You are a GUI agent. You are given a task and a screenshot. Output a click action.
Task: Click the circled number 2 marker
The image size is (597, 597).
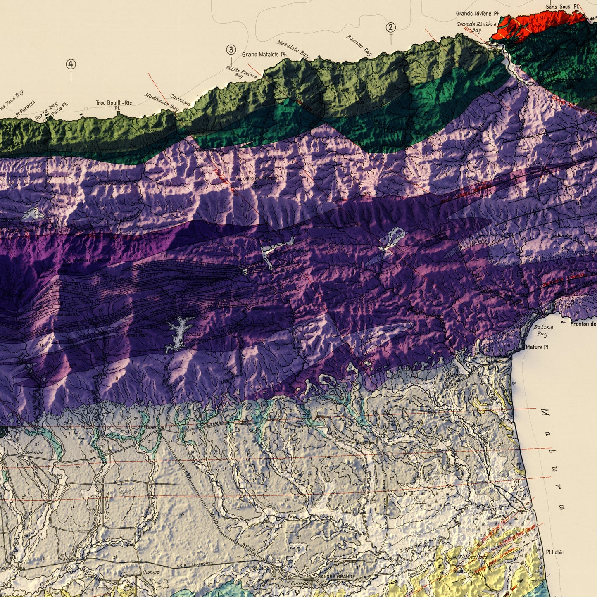tap(390, 28)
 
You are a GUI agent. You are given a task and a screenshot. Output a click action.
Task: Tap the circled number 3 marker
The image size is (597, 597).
tap(231, 50)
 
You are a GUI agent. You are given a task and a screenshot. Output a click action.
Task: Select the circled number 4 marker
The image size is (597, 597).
tap(71, 64)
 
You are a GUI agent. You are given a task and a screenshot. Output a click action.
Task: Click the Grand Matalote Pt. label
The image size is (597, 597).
tap(264, 55)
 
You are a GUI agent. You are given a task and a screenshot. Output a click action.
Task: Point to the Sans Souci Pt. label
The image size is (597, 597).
tap(562, 6)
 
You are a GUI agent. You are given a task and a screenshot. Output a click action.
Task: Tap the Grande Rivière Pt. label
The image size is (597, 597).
tap(478, 14)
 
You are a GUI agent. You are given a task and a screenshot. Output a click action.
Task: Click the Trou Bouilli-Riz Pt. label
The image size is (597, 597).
tap(114, 105)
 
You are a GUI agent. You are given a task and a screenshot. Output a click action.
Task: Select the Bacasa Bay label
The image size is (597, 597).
tap(359, 45)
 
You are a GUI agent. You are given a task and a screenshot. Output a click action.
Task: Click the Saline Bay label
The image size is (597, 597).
tap(543, 330)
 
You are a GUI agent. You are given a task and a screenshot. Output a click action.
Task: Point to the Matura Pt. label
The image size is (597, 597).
tap(537, 347)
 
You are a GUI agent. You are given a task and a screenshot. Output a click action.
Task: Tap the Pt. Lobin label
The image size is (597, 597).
tap(555, 552)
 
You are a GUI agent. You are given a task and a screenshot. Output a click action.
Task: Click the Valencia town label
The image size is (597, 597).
tap(155, 427)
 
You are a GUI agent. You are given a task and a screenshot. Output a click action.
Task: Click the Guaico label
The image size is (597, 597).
tap(261, 568)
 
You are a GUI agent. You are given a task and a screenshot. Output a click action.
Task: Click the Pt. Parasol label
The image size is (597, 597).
tap(26, 108)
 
